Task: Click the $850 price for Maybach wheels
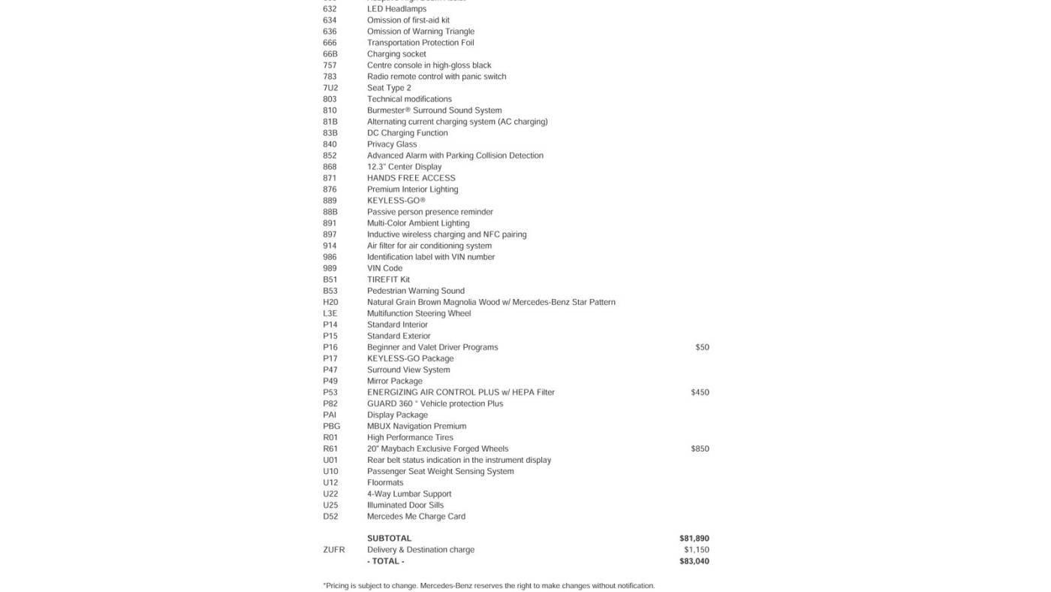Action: coord(700,449)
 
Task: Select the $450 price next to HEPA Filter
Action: coord(700,392)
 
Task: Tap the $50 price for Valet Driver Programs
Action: coord(702,347)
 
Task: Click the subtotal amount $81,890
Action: coord(694,539)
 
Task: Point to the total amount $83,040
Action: coord(694,561)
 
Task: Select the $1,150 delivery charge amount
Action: coord(696,550)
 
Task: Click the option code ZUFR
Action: coord(334,550)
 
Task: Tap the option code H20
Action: coord(330,302)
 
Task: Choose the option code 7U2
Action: coord(330,88)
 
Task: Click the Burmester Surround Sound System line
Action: coord(434,110)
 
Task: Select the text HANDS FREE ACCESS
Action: coord(411,178)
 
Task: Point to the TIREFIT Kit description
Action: coord(388,279)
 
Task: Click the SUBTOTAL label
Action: coord(389,539)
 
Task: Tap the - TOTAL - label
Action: coord(385,561)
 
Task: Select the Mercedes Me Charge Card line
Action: coord(416,516)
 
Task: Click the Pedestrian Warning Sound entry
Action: coord(415,291)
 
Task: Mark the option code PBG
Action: coord(331,426)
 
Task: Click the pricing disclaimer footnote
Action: coord(489,586)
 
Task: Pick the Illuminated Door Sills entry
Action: coord(405,505)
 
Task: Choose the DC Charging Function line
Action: coord(407,133)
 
